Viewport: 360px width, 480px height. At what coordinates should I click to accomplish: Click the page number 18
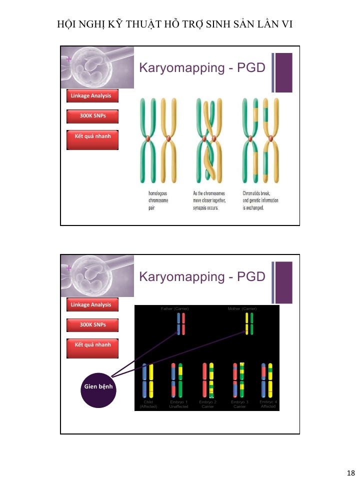[350, 473]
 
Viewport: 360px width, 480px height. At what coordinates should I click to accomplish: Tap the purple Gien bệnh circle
[97, 387]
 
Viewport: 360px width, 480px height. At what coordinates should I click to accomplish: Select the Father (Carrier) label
[174, 309]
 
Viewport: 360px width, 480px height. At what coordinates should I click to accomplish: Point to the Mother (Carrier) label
[242, 309]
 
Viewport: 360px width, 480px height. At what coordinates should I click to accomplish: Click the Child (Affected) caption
[148, 404]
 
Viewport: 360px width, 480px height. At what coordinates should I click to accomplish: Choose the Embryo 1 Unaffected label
[178, 404]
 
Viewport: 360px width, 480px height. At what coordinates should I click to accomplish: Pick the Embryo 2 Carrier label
[208, 404]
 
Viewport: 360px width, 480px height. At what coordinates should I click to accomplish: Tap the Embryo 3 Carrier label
[239, 404]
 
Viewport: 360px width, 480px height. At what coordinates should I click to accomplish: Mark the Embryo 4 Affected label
[268, 404]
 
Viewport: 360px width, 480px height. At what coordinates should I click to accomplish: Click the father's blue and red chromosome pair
[181, 323]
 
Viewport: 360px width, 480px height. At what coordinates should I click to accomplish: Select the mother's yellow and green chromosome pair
[249, 323]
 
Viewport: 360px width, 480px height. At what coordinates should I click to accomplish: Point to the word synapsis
[202, 208]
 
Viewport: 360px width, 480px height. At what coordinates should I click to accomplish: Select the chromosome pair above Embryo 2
[208, 380]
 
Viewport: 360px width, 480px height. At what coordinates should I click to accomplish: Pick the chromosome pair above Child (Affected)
[148, 380]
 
